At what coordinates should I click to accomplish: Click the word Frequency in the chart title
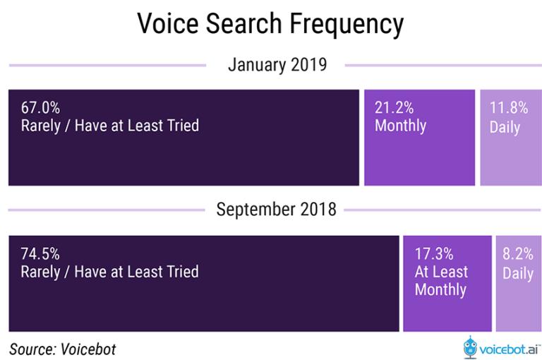coord(347,24)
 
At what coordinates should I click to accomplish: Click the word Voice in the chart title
coord(168,23)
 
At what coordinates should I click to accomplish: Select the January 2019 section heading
coord(277,65)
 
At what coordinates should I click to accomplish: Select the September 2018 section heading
coord(276,209)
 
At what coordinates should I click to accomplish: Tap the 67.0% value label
coord(40,107)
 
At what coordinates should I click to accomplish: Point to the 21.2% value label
coord(394,107)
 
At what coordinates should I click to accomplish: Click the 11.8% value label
coord(509,107)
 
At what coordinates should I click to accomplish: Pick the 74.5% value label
coord(40,254)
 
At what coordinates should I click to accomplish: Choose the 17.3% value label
coord(434,254)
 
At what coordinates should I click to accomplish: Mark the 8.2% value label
coord(518,254)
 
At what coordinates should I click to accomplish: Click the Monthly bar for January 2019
coord(420,138)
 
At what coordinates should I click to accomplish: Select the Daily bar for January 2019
coord(511,138)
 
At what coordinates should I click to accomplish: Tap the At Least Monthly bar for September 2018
coord(447,284)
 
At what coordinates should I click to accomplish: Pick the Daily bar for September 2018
coord(519,284)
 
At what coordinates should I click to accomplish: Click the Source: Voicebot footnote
coord(63,349)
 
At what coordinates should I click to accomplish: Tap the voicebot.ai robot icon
coord(470,347)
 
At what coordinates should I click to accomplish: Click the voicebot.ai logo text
coord(509,349)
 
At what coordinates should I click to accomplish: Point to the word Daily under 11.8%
coord(505,127)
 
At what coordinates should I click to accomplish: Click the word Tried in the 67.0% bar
coord(183,126)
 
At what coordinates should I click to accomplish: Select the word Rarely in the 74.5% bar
coord(40,272)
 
